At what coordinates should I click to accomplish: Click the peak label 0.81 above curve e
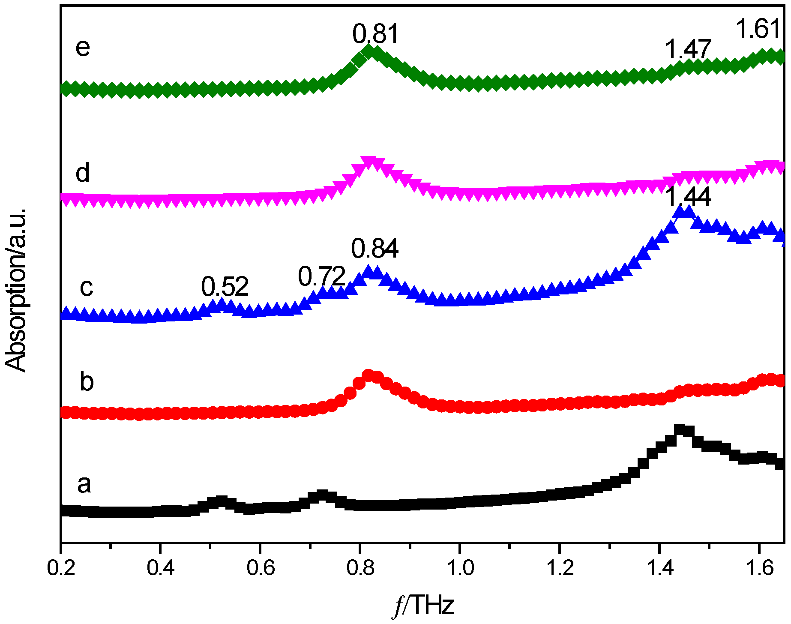pos(375,34)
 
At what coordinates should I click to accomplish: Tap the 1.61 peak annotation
pos(758,29)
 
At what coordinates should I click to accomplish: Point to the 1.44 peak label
pos(688,197)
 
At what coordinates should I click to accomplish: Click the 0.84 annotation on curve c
pos(375,249)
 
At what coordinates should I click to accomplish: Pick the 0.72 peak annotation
pos(321,276)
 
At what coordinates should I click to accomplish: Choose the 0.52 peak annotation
pos(225,287)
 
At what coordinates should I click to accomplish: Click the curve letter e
pos(83,47)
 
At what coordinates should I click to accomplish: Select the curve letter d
pos(83,173)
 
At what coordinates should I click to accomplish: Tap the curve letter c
pos(86,287)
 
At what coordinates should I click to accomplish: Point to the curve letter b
pos(87,381)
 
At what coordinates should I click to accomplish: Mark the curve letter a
pos(84,484)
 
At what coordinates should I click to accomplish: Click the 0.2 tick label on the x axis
pos(62,568)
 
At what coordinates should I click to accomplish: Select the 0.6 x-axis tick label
pos(261,568)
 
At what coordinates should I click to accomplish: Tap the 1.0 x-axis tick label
pos(460,568)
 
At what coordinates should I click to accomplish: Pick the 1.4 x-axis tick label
pos(659,568)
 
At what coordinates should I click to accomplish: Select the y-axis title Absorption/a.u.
pos(16,290)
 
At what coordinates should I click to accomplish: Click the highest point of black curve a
pos(680,430)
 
